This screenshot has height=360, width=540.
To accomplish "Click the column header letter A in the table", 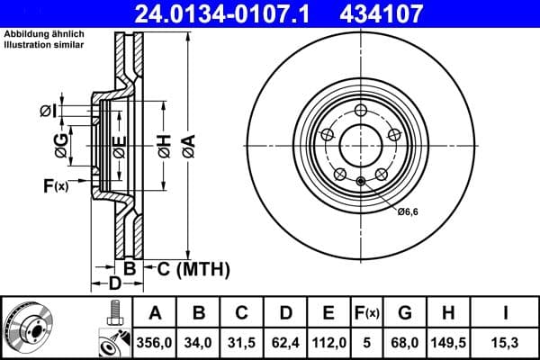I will (x=155, y=313).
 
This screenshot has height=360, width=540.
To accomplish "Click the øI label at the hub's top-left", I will (x=48, y=111).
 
